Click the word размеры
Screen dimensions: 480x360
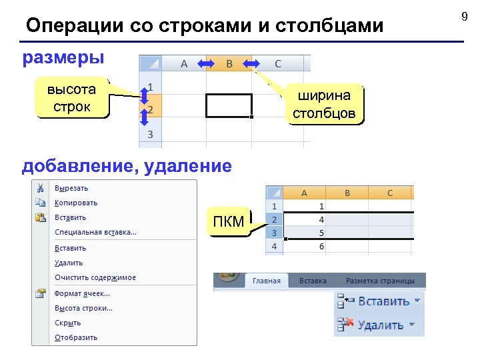tap(63, 57)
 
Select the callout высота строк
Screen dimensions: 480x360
tap(71, 99)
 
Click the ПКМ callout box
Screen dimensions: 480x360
tap(228, 222)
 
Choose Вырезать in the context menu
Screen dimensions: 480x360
tap(71, 188)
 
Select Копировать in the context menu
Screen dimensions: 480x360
tap(76, 203)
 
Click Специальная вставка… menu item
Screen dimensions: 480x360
tap(95, 232)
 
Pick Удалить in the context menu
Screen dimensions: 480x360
tap(69, 263)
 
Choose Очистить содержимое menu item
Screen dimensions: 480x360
tap(95, 277)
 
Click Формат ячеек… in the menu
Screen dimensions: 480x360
tap(82, 293)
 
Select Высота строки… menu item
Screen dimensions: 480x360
tap(83, 308)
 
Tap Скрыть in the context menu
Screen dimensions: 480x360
tap(67, 323)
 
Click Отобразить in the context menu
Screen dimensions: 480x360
tap(76, 337)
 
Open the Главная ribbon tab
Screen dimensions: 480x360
tap(266, 281)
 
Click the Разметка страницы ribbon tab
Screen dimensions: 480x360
tap(380, 281)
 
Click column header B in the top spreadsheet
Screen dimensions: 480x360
tap(229, 64)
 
